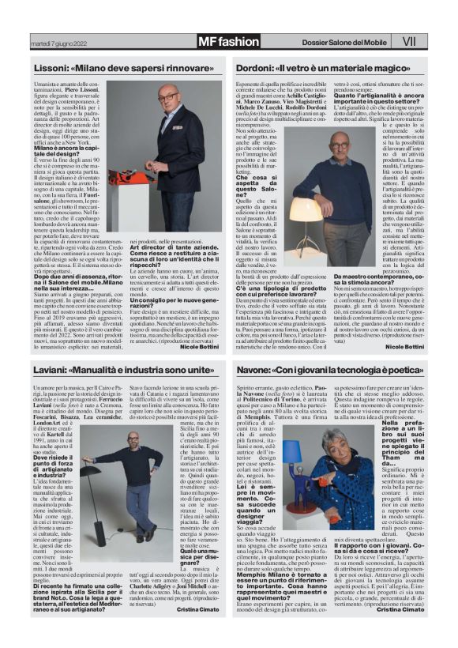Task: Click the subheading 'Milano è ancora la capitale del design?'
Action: pos(66,149)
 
